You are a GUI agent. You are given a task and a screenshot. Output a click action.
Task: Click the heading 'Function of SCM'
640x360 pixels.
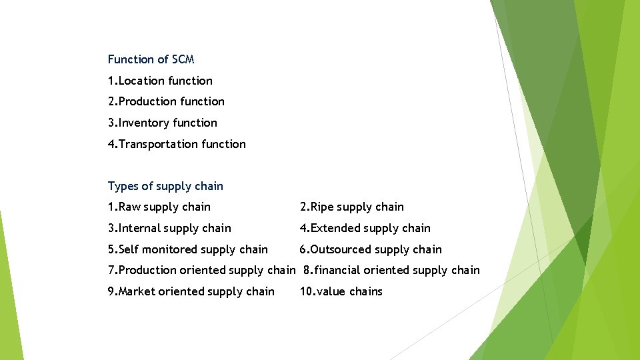tap(151, 59)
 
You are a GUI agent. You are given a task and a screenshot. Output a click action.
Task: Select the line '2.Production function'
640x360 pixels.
tap(166, 101)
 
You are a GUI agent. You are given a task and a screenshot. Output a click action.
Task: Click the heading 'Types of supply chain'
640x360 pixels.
tap(165, 186)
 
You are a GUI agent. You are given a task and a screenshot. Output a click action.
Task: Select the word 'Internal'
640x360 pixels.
tap(139, 228)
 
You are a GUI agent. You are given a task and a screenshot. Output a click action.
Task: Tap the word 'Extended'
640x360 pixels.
tap(333, 228)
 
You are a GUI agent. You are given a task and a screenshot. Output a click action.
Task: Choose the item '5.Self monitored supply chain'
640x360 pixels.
tap(187, 249)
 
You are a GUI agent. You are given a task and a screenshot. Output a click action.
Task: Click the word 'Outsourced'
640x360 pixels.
tap(340, 249)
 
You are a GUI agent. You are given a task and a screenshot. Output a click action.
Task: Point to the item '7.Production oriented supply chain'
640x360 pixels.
tap(201, 270)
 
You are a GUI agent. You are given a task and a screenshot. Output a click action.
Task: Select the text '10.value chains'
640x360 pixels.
tap(341, 291)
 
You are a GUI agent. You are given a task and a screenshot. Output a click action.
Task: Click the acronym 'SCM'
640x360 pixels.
tap(183, 59)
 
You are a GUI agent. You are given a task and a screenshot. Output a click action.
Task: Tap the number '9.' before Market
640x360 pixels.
tap(112, 291)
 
